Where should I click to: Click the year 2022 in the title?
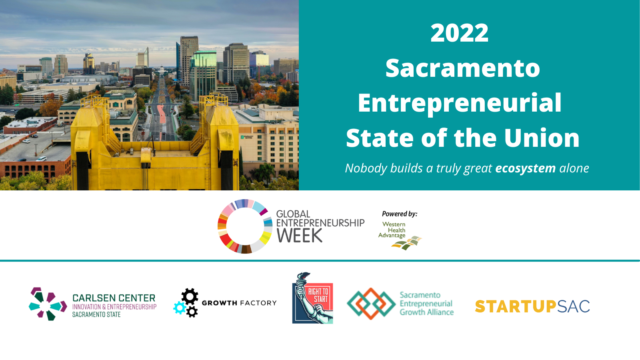coord(460,33)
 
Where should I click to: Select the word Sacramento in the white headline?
coord(462,68)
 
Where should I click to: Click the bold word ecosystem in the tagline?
coord(525,168)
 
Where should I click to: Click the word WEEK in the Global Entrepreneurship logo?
coord(299,236)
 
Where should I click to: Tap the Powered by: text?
coord(400,214)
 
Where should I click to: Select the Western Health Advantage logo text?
coord(392,230)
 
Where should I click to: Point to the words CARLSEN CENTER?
coord(114,298)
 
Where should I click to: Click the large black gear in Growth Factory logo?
coord(190,296)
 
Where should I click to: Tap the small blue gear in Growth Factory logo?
coord(180,308)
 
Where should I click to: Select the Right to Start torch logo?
coord(312,298)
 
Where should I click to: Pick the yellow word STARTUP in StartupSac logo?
coord(516,306)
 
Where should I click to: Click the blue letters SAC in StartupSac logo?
coord(573,306)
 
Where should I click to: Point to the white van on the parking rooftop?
coord(41,158)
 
